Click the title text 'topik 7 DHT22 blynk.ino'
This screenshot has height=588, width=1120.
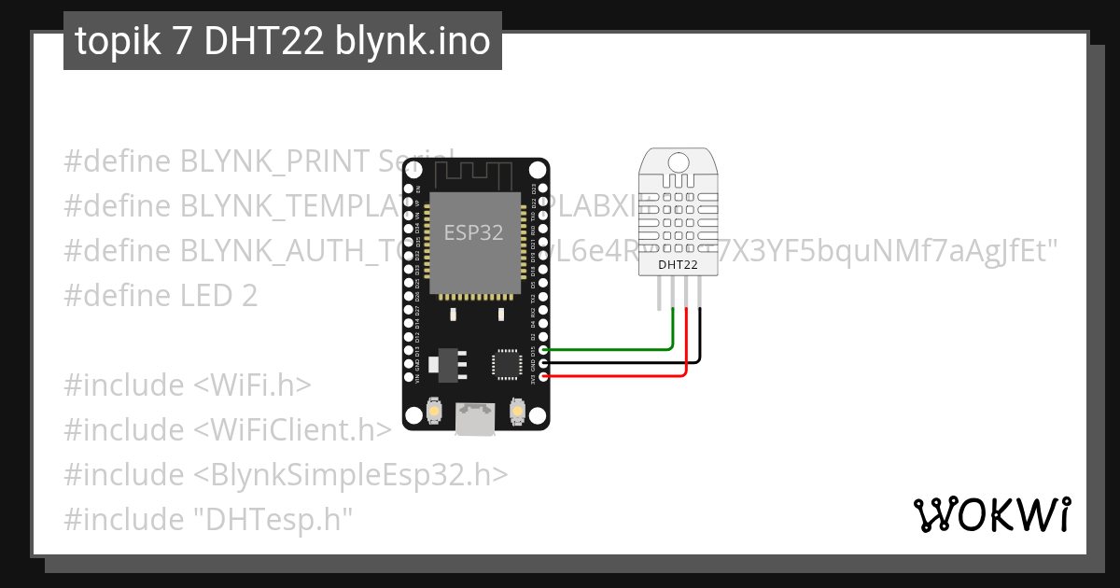click(282, 41)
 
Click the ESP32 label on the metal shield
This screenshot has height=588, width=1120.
click(473, 232)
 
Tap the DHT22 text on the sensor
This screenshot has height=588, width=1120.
click(678, 264)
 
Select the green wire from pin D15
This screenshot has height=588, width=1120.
click(607, 350)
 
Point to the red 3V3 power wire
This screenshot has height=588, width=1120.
click(616, 376)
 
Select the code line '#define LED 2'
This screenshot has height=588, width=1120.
click(161, 296)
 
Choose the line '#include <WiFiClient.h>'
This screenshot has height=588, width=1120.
click(227, 430)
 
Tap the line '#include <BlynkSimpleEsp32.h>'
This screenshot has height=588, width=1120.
click(286, 475)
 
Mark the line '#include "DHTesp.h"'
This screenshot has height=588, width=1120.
click(208, 520)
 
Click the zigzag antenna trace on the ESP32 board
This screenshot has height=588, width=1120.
click(474, 174)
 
